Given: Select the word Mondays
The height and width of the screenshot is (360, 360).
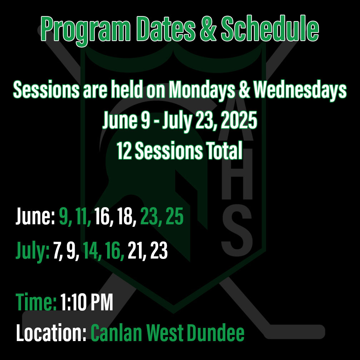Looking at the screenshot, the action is click(202, 90).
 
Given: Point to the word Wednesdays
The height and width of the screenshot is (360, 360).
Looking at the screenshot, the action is click(300, 90).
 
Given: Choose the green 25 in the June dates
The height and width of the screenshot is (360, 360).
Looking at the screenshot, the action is click(175, 216).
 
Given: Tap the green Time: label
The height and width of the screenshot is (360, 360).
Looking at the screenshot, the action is click(36, 302).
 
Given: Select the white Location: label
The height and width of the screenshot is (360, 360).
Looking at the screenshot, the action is click(51, 332).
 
